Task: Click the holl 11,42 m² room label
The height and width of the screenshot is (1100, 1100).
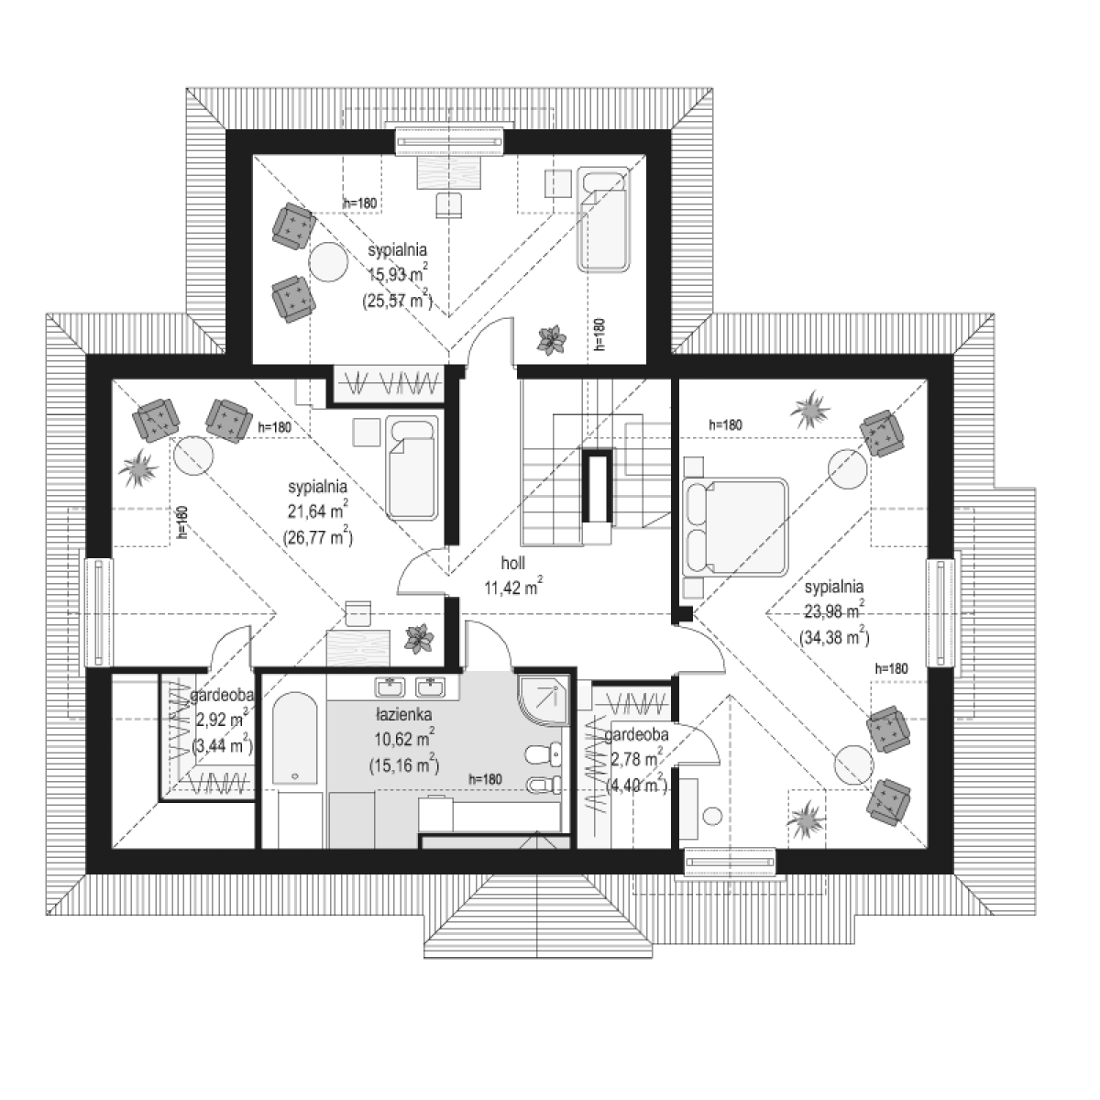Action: (513, 576)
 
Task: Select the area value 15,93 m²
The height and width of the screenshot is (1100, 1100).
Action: (398, 275)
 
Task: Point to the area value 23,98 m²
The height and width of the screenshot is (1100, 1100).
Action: (834, 611)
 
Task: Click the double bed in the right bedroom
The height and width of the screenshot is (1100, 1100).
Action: (736, 526)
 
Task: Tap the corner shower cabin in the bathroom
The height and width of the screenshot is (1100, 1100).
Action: (543, 701)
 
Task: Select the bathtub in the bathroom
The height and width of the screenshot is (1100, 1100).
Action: (294, 739)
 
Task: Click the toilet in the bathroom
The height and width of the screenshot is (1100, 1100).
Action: (543, 755)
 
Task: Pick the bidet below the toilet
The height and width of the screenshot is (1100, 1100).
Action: (543, 786)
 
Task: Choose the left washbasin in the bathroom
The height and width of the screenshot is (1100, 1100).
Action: (390, 687)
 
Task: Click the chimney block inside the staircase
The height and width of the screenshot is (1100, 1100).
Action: (598, 487)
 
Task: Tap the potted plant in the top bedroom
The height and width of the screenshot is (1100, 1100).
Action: (552, 340)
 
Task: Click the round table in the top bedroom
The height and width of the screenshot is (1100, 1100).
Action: (328, 261)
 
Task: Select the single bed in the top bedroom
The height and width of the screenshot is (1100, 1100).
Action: (604, 219)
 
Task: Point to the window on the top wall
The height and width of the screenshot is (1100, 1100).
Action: (450, 141)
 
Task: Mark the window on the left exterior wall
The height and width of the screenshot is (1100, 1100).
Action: (99, 612)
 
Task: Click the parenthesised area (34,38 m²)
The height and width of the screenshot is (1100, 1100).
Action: (834, 636)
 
